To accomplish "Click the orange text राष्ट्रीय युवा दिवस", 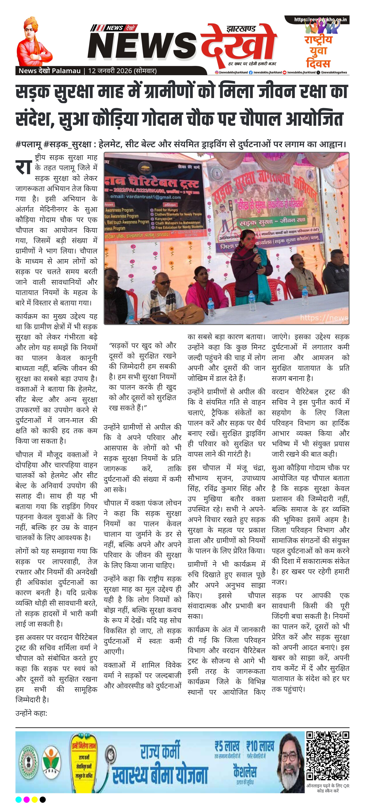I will [318, 52].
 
